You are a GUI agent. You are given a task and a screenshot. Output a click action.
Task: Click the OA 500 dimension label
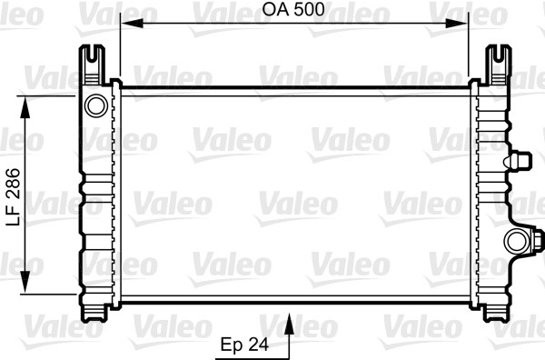click(x=293, y=9)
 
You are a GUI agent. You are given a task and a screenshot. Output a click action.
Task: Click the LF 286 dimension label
click(x=14, y=197)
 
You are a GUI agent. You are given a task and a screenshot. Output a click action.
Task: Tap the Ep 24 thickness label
click(x=244, y=345)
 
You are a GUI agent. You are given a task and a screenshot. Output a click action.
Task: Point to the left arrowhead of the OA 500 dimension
click(x=133, y=24)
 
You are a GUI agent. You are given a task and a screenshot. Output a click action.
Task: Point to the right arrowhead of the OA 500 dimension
click(x=456, y=24)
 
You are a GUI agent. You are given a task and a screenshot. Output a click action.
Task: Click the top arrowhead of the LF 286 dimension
click(x=25, y=108)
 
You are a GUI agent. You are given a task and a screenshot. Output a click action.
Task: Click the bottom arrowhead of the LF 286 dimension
click(x=25, y=282)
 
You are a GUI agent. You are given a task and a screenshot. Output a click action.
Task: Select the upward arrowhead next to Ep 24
click(x=289, y=324)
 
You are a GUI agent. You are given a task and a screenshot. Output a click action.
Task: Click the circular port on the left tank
click(x=95, y=105)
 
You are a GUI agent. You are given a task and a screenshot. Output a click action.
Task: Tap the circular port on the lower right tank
click(x=518, y=241)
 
